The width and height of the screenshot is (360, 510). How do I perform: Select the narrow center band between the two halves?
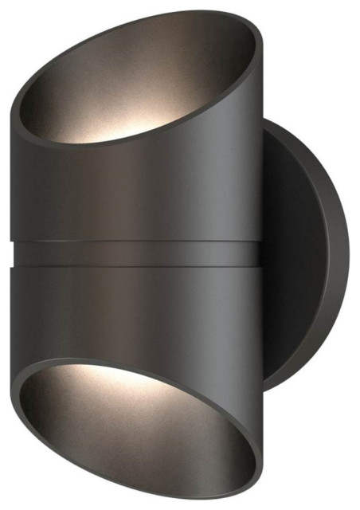tap(135, 256)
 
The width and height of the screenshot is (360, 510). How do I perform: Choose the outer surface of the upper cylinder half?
tap(135, 191)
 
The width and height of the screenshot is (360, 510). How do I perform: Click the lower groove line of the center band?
tap(135, 269)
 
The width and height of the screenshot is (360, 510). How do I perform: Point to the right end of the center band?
tap(257, 256)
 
